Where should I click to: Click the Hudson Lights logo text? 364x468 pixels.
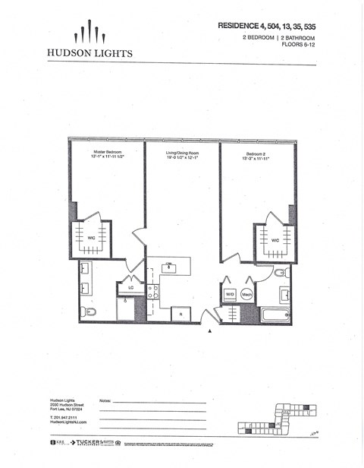90,53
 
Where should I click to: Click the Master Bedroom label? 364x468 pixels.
107,153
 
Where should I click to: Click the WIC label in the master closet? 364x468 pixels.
91,239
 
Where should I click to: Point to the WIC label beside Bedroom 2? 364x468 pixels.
275,241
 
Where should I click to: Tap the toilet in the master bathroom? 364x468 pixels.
87,311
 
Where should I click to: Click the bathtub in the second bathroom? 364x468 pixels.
275,314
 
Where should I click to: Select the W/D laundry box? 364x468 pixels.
229,294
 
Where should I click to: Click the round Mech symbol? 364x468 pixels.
246,294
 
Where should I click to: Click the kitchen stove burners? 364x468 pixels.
152,292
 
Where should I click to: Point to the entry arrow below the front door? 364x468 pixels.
210,330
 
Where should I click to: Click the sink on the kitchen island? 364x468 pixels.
170,267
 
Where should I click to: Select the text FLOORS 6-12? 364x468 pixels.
299,45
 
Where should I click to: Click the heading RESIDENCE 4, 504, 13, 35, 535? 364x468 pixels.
267,25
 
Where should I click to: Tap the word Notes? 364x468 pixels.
106,400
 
